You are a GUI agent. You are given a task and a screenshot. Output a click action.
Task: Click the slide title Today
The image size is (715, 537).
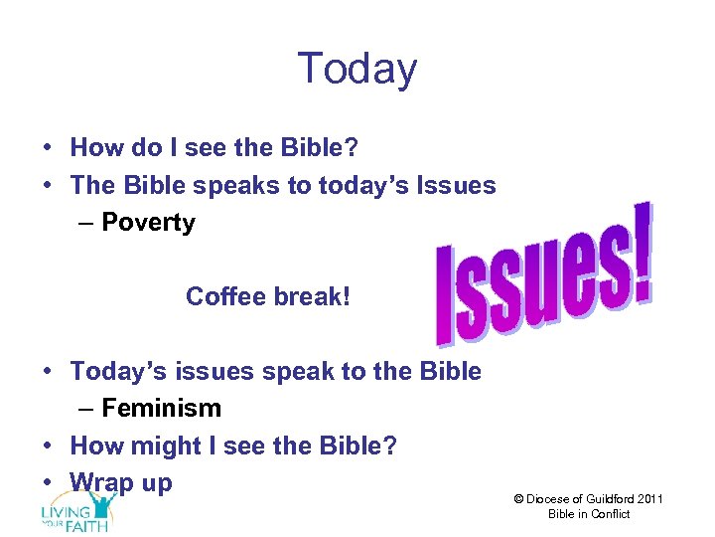[357, 69]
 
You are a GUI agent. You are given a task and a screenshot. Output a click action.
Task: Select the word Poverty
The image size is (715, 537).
[149, 223]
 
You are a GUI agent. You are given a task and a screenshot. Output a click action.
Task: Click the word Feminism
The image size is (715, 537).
[161, 409]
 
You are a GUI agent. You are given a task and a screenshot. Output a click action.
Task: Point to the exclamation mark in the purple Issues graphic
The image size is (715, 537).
[642, 254]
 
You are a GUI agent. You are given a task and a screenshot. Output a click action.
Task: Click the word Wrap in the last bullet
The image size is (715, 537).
[102, 483]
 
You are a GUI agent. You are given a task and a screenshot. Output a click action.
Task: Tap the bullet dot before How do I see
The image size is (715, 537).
[48, 149]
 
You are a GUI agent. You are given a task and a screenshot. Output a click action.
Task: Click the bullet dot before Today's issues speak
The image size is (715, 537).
[48, 373]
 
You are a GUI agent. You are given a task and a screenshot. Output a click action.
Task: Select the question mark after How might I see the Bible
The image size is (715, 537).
[389, 446]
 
